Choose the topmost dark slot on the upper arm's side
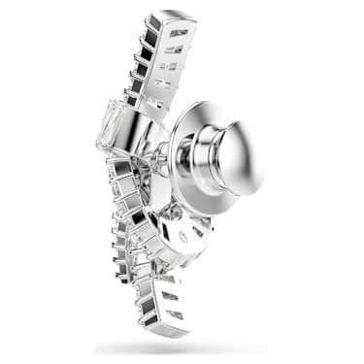[x=180, y=33]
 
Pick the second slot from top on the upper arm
[x=176, y=48]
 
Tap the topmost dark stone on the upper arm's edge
[x=152, y=24]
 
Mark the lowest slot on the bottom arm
[x=177, y=314]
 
